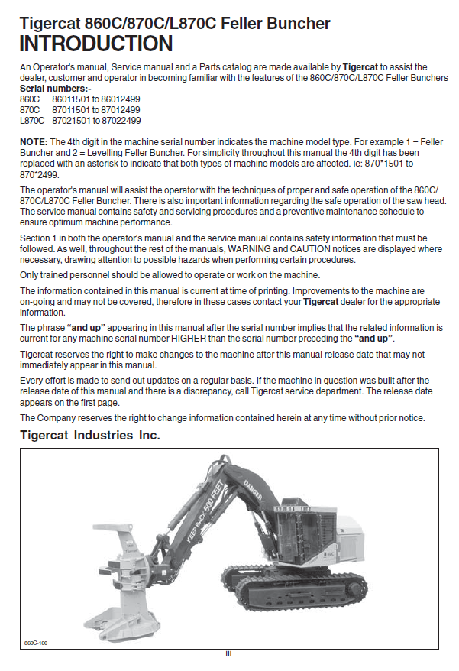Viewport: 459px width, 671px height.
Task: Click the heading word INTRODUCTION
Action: pyautogui.click(x=96, y=44)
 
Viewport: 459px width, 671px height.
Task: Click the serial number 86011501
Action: pyautogui.click(x=69, y=99)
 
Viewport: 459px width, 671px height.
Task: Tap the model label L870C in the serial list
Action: pyautogui.click(x=32, y=121)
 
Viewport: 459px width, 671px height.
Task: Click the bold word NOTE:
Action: pyautogui.click(x=34, y=142)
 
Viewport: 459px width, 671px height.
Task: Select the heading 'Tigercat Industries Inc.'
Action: pyautogui.click(x=89, y=436)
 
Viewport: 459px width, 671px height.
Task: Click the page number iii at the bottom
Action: pyautogui.click(x=228, y=654)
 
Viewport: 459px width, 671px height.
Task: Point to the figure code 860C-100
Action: pyautogui.click(x=36, y=641)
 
